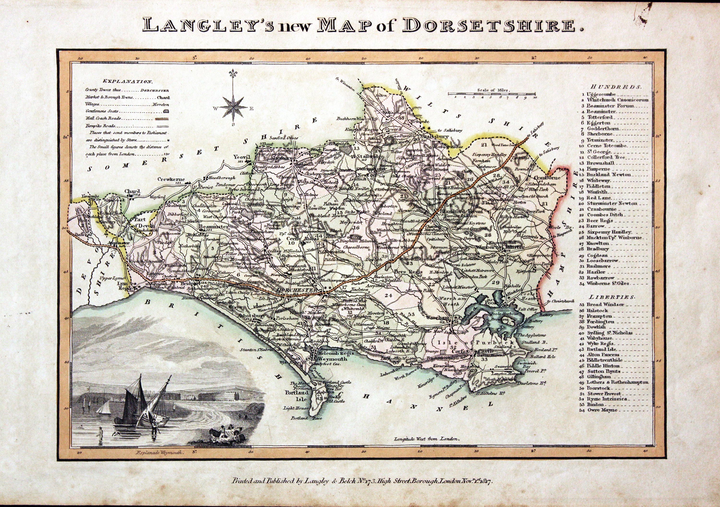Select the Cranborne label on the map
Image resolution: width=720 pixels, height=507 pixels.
click(551, 177)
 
